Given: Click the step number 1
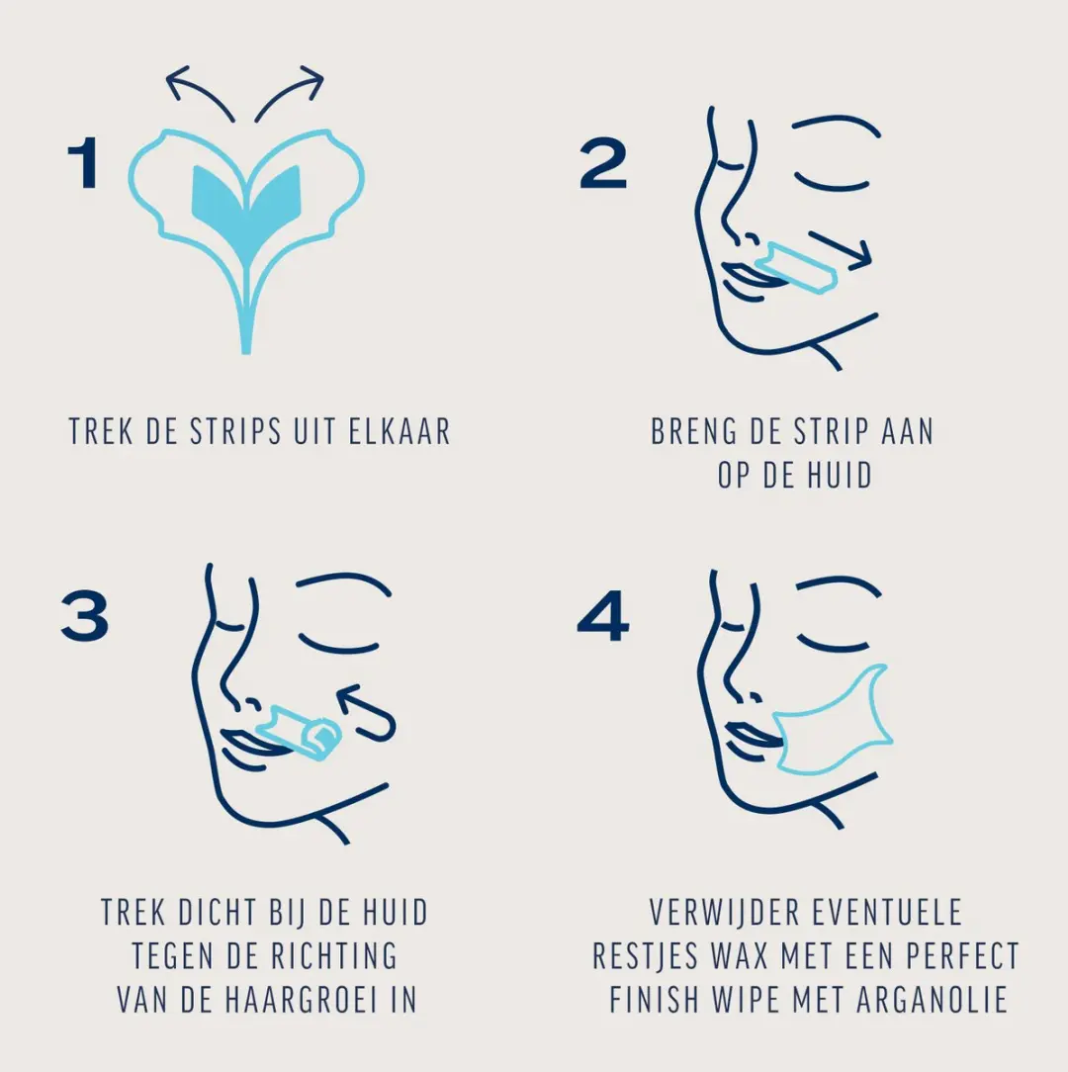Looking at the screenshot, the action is (84, 163).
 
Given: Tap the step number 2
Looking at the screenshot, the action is (602, 163).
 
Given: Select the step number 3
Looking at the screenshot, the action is (85, 616).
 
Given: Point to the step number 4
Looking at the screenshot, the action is (602, 616).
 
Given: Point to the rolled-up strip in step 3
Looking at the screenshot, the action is (300, 730).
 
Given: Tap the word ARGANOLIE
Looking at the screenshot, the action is (932, 1000).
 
